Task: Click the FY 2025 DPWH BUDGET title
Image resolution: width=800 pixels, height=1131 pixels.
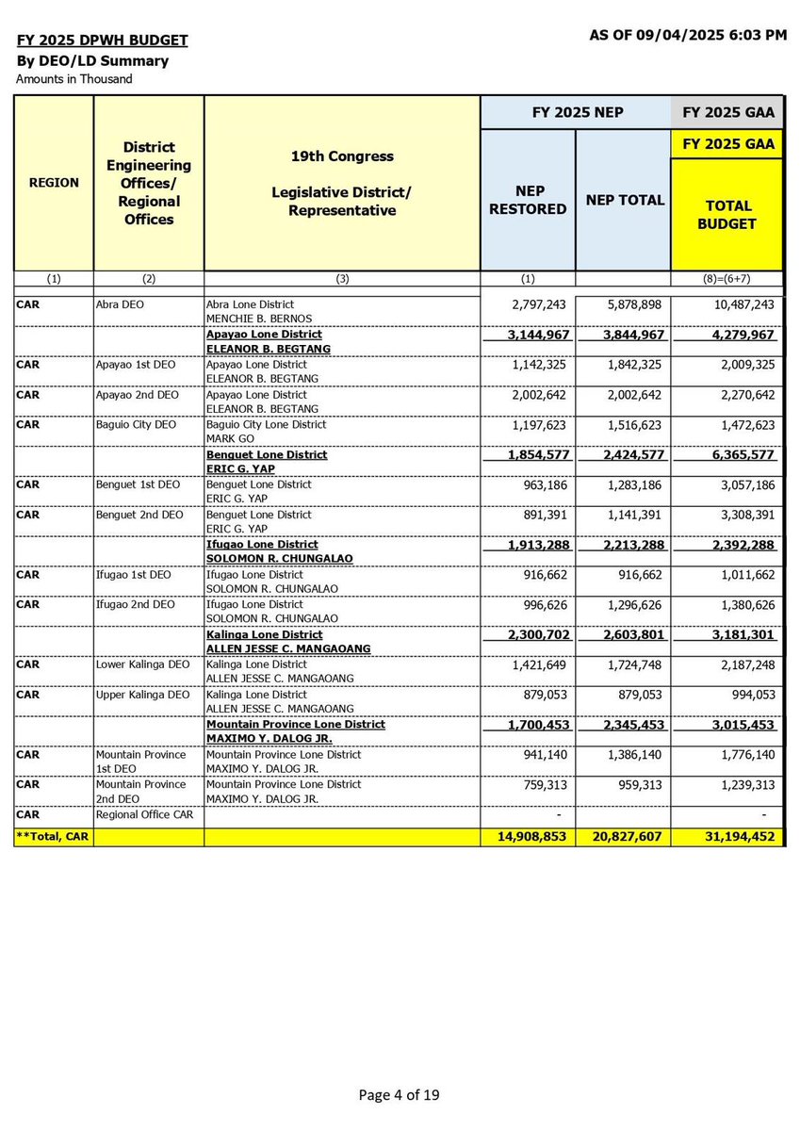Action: (102, 41)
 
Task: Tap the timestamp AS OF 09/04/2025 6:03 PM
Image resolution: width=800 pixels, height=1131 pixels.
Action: (688, 35)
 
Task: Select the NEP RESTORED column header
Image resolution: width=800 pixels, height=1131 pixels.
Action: (528, 200)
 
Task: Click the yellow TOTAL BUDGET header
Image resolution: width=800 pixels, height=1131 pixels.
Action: (727, 214)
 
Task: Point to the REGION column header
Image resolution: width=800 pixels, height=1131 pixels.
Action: (54, 182)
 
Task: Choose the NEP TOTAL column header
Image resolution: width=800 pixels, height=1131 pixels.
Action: (625, 200)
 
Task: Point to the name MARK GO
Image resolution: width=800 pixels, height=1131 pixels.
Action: (227, 438)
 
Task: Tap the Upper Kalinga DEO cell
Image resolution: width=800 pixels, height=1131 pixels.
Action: (141, 696)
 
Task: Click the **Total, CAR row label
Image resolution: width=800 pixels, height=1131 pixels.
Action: (53, 836)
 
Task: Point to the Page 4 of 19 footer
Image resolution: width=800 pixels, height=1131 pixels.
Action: (399, 1095)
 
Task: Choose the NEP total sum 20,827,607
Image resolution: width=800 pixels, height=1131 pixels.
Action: (624, 836)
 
